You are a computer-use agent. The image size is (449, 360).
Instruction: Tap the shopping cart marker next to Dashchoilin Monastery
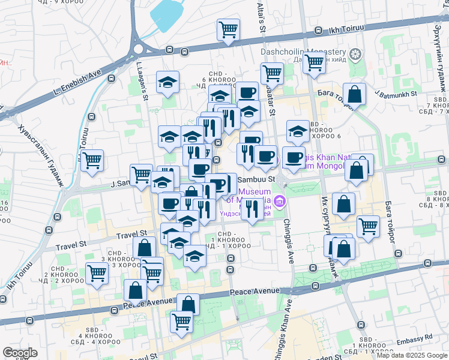(314, 62)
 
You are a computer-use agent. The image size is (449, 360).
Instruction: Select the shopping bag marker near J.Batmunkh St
(355, 94)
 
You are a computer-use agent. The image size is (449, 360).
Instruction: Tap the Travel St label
(131, 233)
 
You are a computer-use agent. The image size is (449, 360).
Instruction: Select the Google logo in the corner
(19, 353)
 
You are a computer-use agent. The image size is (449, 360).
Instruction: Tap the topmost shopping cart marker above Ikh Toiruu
(228, 29)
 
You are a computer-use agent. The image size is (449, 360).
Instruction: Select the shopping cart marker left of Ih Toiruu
(92, 160)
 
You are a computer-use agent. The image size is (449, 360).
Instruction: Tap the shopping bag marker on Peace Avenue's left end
(136, 290)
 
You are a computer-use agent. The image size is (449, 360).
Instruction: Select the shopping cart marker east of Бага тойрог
(368, 226)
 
